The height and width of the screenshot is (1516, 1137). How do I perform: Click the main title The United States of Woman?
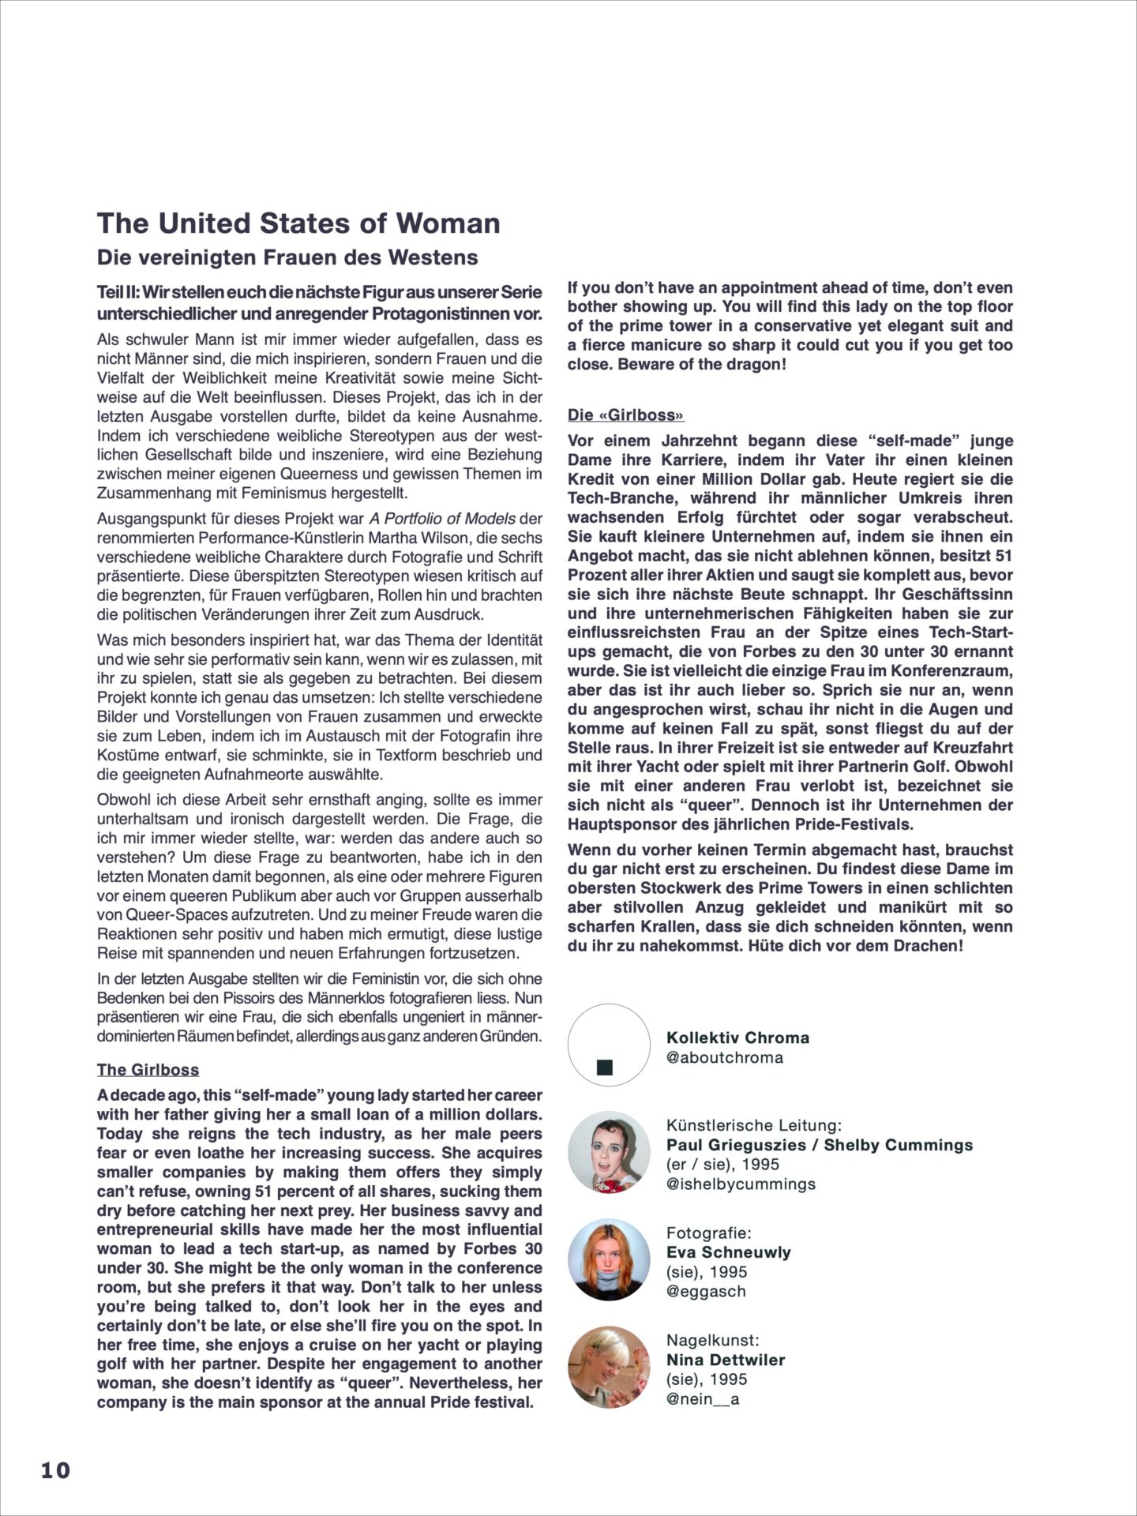click(298, 223)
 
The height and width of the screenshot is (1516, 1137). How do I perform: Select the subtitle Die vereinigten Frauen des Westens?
click(287, 257)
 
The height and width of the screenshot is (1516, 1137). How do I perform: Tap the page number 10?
click(55, 1470)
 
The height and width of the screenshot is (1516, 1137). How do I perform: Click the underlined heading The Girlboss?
click(148, 1070)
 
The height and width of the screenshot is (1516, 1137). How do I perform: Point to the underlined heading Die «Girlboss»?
click(625, 415)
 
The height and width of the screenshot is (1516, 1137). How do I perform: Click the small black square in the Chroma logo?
click(606, 1068)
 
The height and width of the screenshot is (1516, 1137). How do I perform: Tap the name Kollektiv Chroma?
click(737, 1038)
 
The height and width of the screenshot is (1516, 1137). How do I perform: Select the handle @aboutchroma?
click(725, 1057)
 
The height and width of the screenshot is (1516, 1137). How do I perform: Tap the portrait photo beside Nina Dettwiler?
click(608, 1367)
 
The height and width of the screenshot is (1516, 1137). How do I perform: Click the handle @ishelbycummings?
click(741, 1184)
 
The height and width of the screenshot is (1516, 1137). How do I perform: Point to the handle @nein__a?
click(703, 1399)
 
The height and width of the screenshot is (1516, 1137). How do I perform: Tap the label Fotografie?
click(709, 1233)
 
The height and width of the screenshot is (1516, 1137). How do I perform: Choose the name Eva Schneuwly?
click(728, 1252)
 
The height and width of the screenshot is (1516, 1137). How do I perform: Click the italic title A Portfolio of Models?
click(442, 519)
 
